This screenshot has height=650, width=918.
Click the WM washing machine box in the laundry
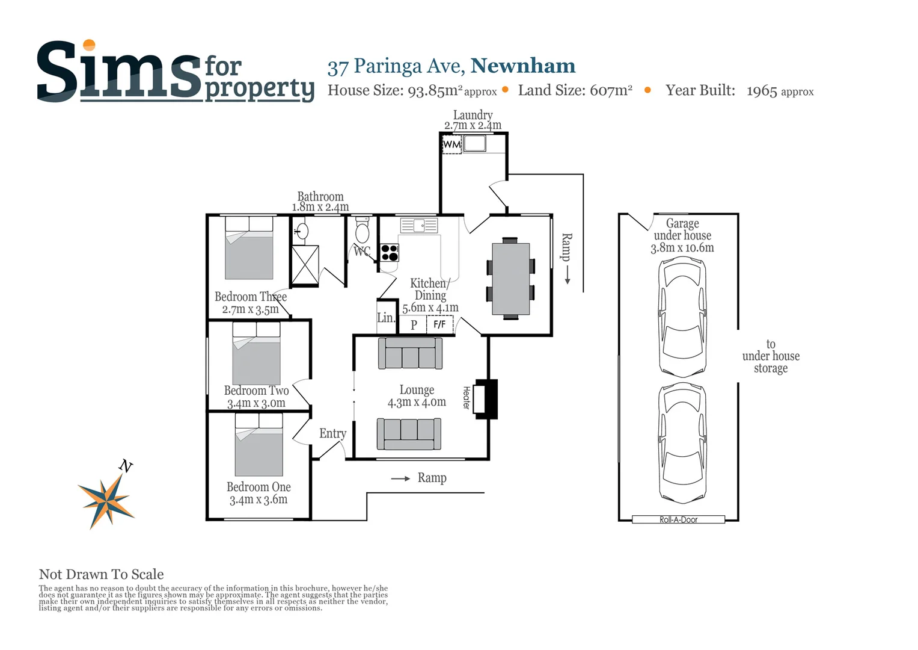click(x=451, y=144)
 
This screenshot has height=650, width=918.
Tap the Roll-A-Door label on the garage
click(x=678, y=519)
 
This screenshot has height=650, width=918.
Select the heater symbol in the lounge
click(x=485, y=398)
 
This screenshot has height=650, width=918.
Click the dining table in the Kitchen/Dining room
click(x=510, y=279)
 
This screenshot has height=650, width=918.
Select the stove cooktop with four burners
click(x=389, y=253)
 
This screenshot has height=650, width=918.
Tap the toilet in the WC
click(x=362, y=231)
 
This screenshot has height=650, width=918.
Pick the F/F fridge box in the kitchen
click(x=439, y=325)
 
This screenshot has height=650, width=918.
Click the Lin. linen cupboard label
click(x=385, y=318)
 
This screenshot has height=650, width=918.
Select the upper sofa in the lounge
click(x=410, y=353)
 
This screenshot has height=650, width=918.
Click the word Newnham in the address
click(x=522, y=66)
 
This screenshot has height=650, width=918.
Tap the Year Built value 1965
click(x=762, y=91)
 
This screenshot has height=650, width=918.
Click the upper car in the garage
click(x=682, y=317)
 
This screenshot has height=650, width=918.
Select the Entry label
click(x=332, y=433)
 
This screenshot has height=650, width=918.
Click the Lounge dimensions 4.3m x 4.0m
click(x=417, y=403)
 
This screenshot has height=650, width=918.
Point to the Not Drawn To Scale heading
click(x=101, y=574)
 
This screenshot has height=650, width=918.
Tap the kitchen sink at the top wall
click(x=419, y=226)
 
